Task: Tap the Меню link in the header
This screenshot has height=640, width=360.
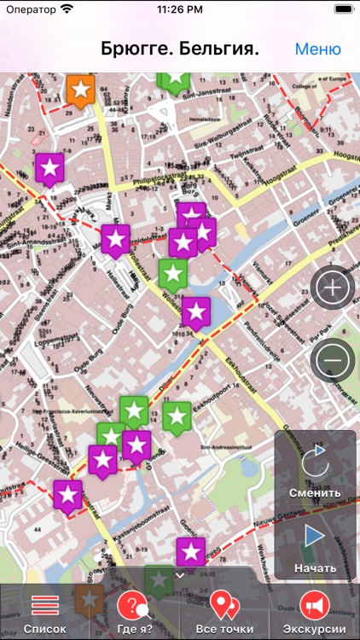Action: [x=317, y=49]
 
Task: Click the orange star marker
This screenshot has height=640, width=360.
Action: [x=80, y=89]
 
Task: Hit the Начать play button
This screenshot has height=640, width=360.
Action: [x=315, y=546]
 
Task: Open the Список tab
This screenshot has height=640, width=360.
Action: [x=44, y=613]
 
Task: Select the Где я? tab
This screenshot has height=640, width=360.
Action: [x=135, y=613]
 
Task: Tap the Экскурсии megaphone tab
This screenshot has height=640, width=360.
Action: [x=315, y=613]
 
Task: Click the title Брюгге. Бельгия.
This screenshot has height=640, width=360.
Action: [x=180, y=49]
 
